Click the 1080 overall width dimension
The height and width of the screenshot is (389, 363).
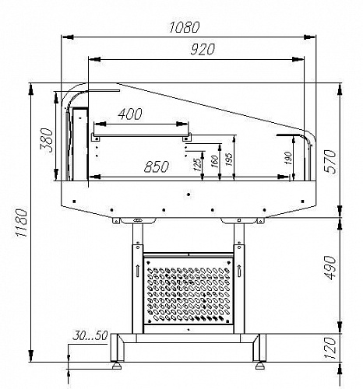(185, 27)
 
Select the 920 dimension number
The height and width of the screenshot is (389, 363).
(203, 49)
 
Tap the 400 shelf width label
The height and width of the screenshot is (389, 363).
(130, 114)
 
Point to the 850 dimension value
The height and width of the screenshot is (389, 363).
(157, 166)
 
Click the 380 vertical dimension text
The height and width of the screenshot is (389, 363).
(47, 140)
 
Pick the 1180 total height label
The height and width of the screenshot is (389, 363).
(21, 222)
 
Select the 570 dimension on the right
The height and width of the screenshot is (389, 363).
(330, 161)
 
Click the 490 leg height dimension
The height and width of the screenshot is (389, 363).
(330, 268)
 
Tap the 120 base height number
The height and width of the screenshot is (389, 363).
(330, 349)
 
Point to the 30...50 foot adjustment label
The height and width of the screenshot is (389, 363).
(90, 335)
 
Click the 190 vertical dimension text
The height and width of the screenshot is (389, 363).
(288, 158)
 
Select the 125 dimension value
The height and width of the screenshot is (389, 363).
(197, 164)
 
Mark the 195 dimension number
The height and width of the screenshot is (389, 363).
(229, 159)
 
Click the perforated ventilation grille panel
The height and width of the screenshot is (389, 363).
(189, 290)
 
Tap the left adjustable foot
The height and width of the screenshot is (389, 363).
(117, 366)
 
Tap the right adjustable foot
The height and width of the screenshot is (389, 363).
(260, 366)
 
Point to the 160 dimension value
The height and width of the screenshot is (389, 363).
(215, 161)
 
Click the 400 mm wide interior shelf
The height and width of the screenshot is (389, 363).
(141, 135)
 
